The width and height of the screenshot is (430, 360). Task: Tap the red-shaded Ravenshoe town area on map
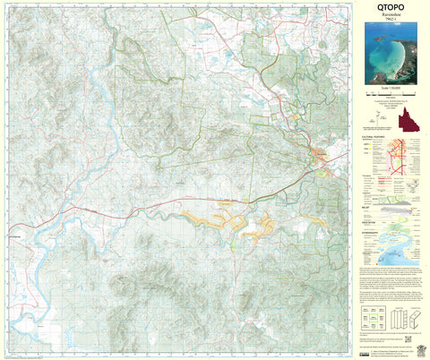tap(319, 157)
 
